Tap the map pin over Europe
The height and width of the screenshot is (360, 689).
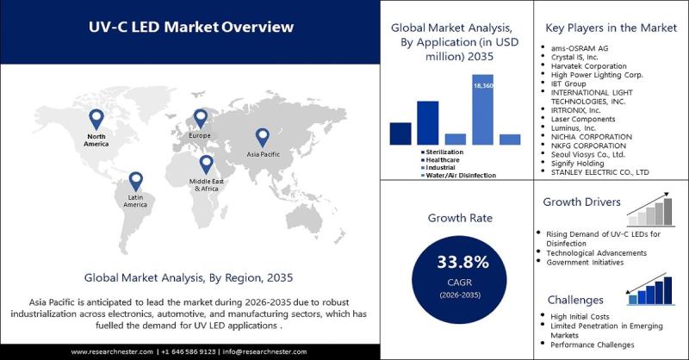click(x=201, y=118)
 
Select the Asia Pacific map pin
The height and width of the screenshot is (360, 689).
click(x=262, y=135)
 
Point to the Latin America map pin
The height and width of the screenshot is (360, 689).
click(x=136, y=180)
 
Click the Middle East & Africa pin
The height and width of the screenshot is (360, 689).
click(x=206, y=163)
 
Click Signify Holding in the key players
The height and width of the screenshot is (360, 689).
click(x=579, y=164)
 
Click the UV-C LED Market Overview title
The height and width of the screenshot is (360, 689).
click(x=192, y=27)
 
